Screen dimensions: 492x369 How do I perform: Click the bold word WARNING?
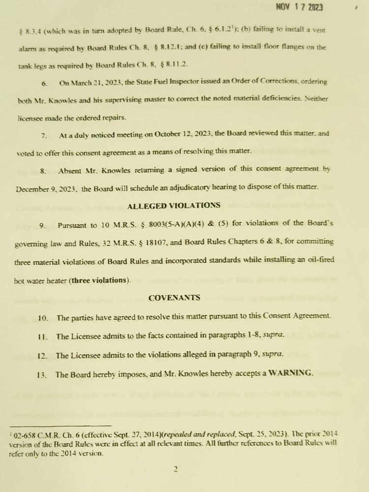click(x=290, y=374)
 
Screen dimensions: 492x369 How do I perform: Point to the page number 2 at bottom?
click(x=175, y=469)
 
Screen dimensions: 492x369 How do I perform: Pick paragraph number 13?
click(x=42, y=375)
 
